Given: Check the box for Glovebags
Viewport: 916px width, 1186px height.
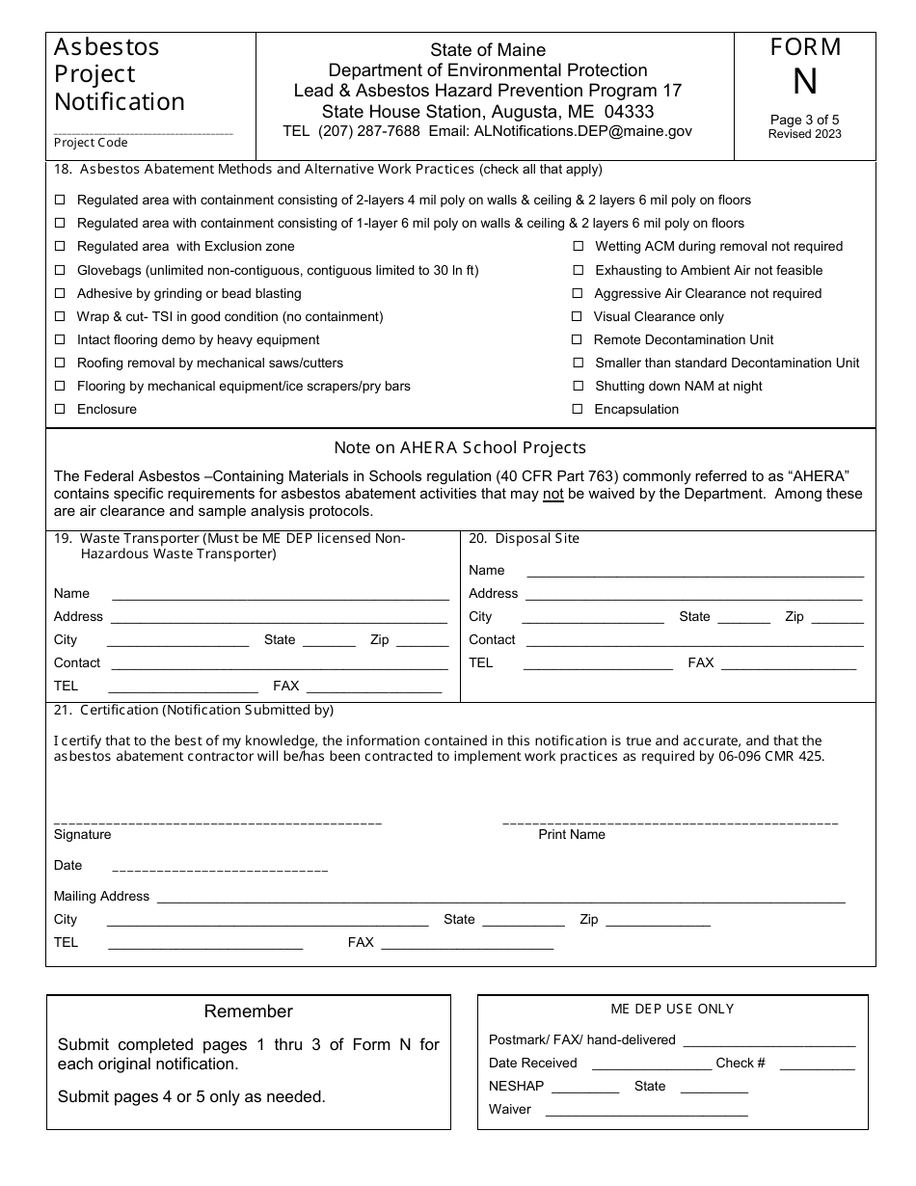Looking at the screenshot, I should coord(60,270).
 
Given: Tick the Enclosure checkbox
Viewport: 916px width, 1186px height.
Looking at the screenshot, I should coord(60,409).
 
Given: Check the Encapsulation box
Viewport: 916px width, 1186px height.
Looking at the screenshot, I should coord(578,409).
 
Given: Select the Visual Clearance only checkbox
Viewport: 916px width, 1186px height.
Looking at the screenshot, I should coord(578,316).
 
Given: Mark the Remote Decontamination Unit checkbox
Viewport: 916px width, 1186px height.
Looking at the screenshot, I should coord(578,339).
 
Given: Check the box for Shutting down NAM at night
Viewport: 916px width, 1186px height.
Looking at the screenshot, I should coord(578,386).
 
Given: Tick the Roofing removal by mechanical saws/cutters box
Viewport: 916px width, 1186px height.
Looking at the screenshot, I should coord(60,363).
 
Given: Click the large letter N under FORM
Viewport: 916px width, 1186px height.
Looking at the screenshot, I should coord(804,84).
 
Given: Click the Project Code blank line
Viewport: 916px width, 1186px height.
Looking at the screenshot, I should coord(143,132).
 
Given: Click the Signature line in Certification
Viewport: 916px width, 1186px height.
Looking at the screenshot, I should coord(218,821).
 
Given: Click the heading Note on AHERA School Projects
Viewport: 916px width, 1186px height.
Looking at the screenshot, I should coord(460,447).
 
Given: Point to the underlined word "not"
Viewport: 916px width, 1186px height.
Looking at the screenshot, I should coord(552,495).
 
